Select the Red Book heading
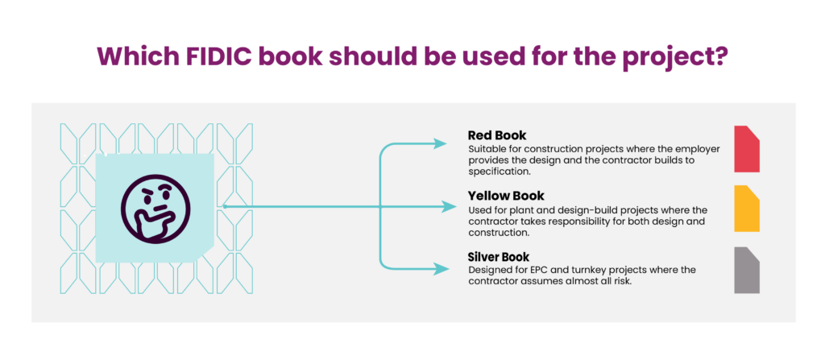497,135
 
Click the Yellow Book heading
506,196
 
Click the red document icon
746,149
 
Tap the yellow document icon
746,209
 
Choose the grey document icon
746,270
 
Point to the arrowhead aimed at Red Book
439,144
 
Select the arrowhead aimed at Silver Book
439,267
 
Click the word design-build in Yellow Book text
587,210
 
